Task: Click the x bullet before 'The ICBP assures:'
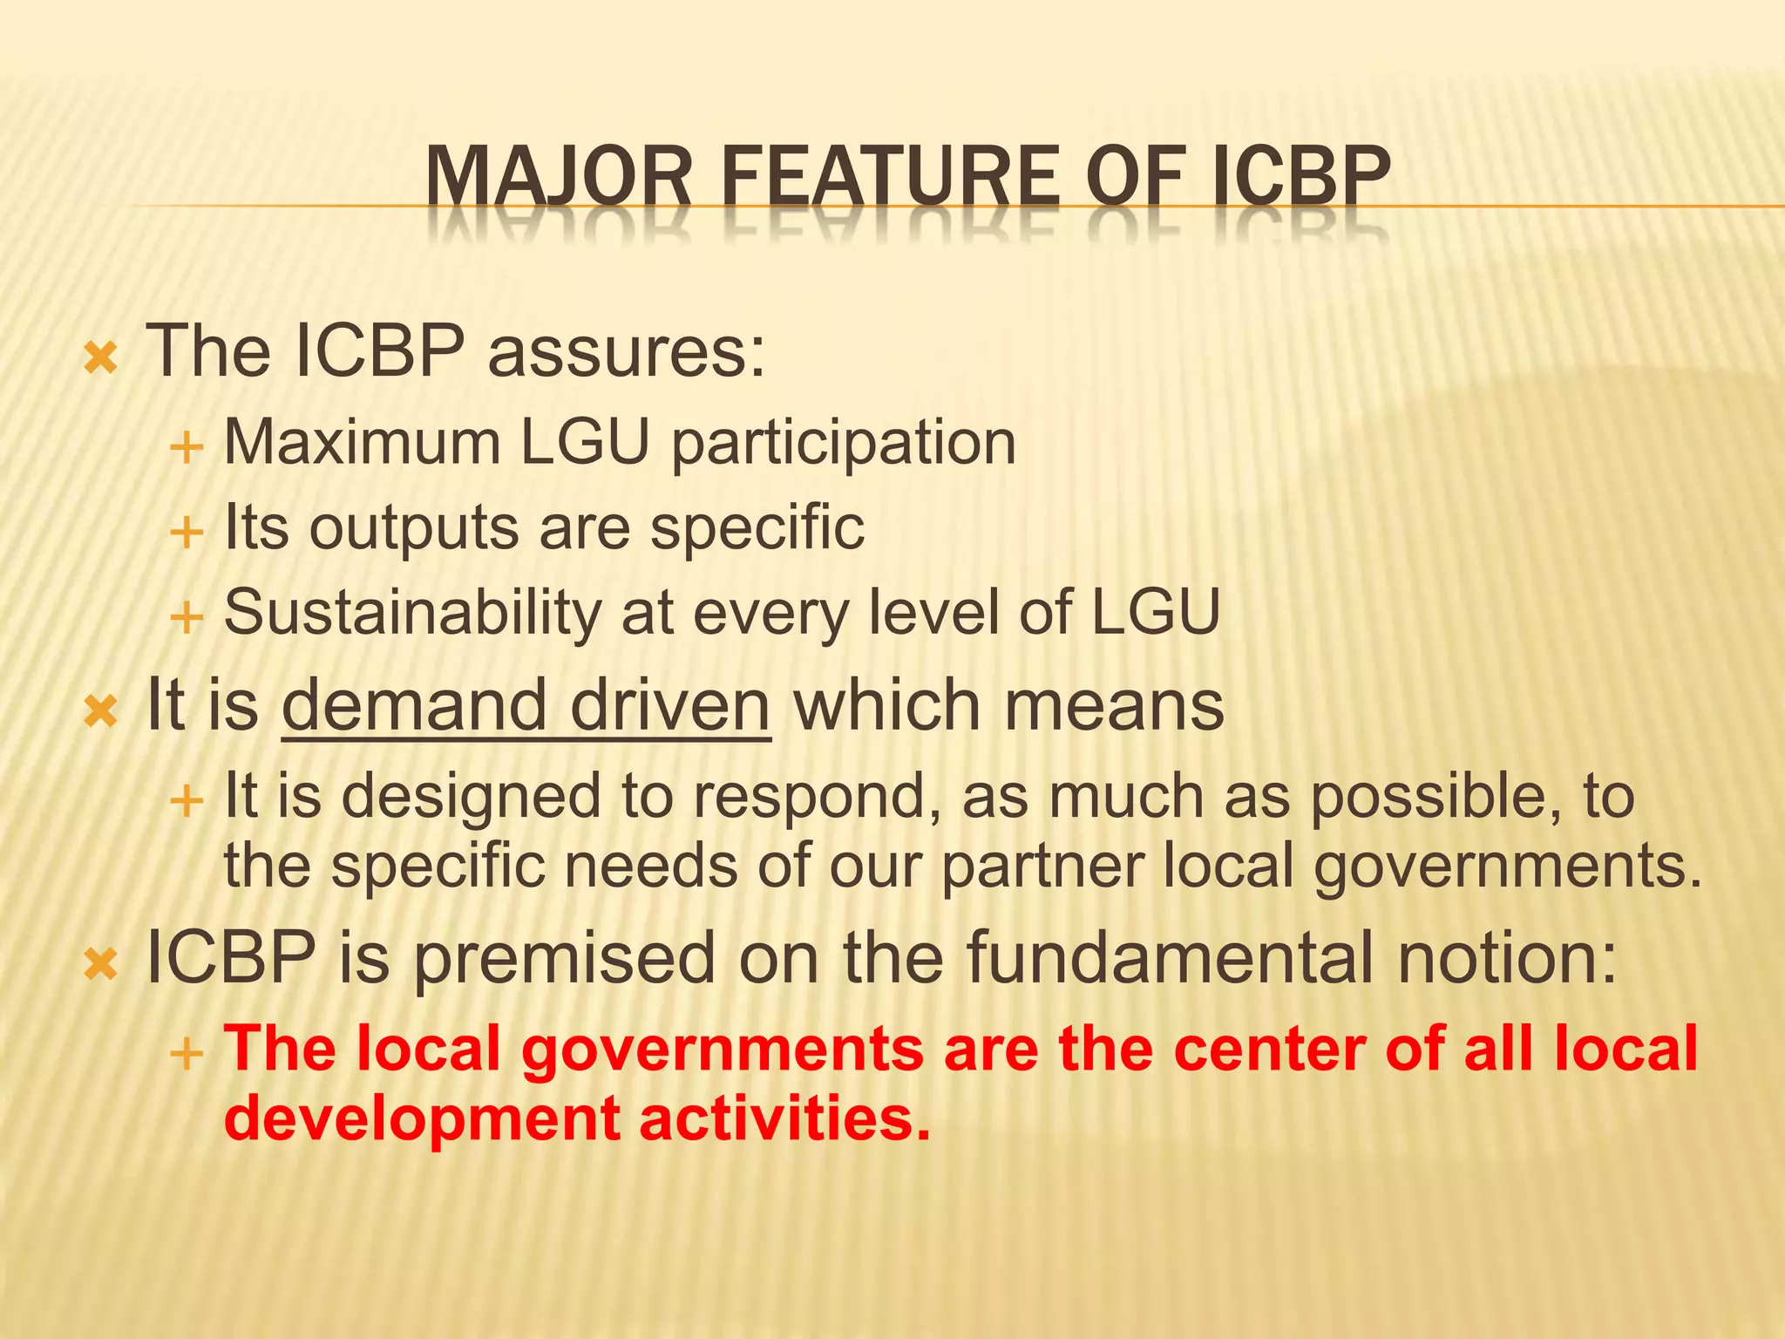tap(100, 358)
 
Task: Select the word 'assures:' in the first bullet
tap(627, 352)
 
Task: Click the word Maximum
tap(362, 442)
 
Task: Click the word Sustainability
tap(412, 614)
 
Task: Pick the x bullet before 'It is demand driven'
tap(100, 712)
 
